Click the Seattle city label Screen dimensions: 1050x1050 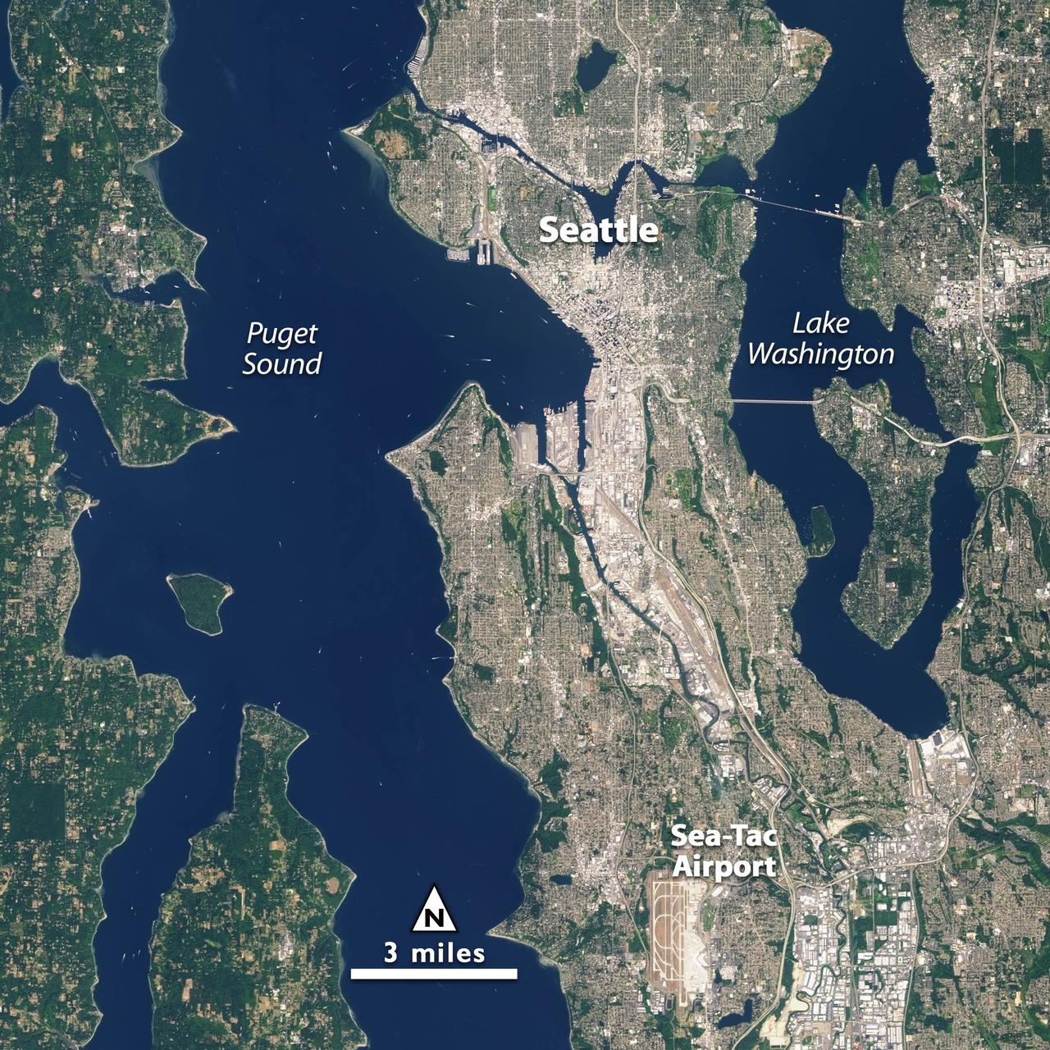tap(598, 231)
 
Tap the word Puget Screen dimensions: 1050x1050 tap(282, 334)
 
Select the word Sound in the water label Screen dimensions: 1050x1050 tap(281, 363)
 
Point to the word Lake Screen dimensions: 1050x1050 tap(820, 323)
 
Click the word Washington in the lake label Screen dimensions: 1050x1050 tap(820, 354)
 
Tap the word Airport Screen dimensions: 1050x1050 tap(723, 866)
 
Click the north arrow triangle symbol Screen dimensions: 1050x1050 tap(435, 910)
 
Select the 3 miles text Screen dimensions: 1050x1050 tap(435, 953)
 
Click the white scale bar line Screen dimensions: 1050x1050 tap(435, 974)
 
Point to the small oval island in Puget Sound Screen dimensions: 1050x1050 tap(199, 600)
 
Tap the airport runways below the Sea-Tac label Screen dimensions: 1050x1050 tap(673, 927)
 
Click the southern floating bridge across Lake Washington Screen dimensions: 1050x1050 tap(771, 401)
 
